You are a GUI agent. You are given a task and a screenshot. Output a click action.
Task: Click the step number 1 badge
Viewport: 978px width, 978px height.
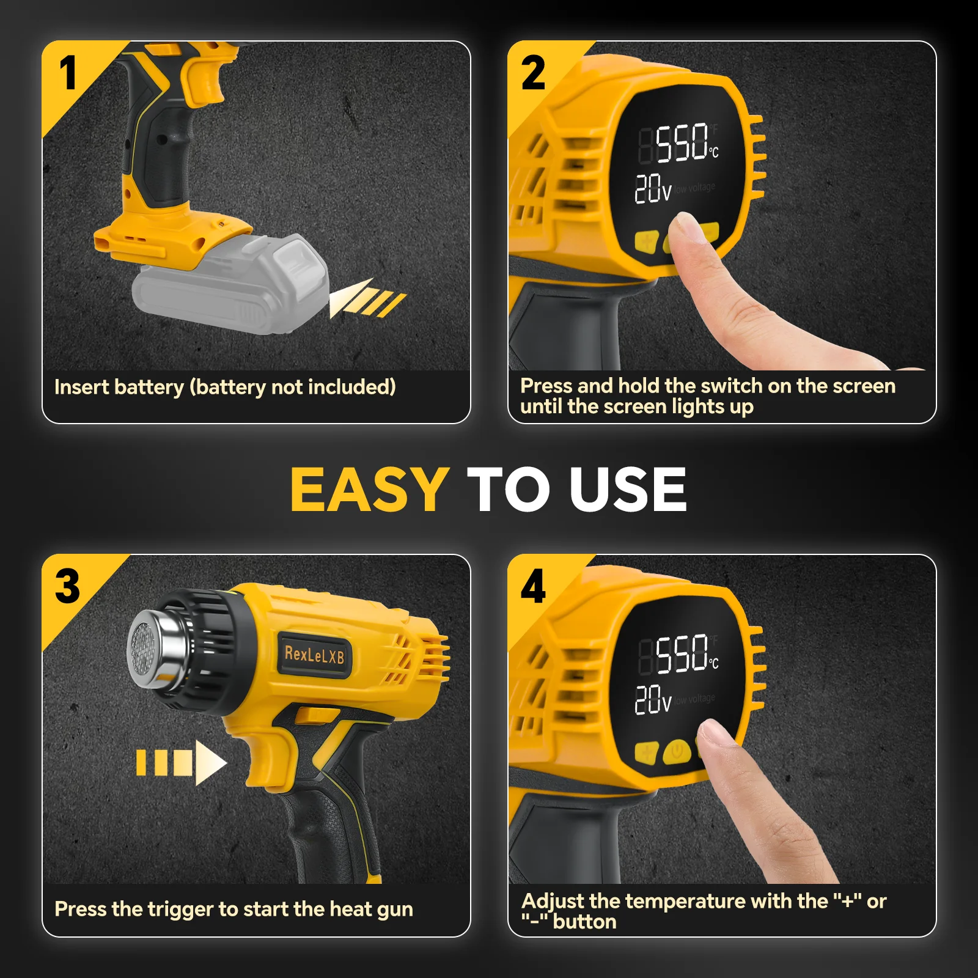(68, 73)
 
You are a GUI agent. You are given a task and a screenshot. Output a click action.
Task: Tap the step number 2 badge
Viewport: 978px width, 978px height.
(533, 73)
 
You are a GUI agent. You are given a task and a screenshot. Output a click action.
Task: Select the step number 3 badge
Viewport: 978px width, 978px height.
(68, 586)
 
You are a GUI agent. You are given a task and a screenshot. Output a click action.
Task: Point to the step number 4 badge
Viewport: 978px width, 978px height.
(533, 586)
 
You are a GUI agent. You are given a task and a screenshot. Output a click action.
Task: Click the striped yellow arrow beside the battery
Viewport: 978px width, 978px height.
(367, 298)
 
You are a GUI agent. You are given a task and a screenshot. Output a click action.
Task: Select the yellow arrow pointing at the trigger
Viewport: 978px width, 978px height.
(181, 762)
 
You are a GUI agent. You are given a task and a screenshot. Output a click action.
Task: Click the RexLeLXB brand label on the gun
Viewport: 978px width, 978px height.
(314, 655)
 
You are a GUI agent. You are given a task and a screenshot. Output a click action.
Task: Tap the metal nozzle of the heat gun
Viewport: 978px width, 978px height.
(156, 649)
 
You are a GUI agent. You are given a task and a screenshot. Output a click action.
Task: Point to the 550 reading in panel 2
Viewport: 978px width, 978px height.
(682, 143)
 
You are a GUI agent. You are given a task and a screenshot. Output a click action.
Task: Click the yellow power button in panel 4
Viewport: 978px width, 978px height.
(677, 751)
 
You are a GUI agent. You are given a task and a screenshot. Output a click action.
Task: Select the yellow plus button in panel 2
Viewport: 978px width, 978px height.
(647, 241)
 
